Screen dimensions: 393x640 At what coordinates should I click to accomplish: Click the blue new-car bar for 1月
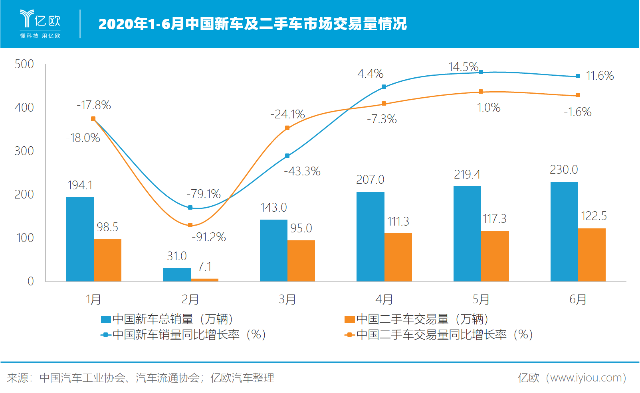[80, 239]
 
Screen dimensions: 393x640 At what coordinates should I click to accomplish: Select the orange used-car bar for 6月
[592, 255]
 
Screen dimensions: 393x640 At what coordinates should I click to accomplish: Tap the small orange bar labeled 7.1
[204, 280]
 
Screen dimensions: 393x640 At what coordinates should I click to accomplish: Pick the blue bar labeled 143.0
[273, 250]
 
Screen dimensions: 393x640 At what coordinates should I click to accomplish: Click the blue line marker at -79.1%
[190, 208]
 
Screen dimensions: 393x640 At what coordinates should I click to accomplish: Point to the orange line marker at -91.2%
[190, 225]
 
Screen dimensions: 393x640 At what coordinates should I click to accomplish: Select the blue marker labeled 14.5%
[481, 72]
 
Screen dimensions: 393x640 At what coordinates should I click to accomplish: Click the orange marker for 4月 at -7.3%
[384, 104]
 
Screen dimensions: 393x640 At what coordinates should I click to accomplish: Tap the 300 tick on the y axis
[24, 151]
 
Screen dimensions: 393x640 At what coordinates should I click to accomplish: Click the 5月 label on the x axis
[481, 299]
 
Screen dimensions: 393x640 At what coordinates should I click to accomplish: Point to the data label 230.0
[564, 170]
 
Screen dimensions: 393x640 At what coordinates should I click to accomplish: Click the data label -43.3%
[302, 171]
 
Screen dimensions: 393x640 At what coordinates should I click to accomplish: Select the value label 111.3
[398, 222]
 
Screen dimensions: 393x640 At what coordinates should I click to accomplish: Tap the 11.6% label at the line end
[600, 76]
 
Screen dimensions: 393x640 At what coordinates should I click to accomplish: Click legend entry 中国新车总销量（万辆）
[168, 319]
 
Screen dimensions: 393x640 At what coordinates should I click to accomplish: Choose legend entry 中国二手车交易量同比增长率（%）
[439, 335]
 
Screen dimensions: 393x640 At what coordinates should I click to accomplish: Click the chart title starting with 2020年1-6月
[252, 24]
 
